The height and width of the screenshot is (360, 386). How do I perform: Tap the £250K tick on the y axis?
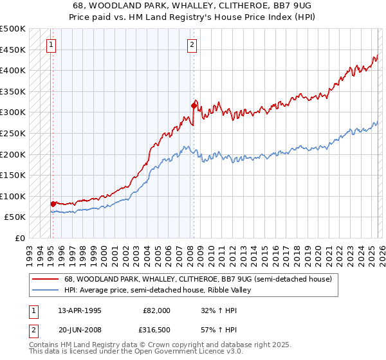click(13, 133)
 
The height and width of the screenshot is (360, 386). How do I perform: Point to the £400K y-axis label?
click(13, 70)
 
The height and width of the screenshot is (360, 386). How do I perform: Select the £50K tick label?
click(15, 217)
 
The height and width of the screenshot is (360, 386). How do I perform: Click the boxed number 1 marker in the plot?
click(51, 44)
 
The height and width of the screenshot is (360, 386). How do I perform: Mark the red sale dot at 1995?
click(53, 204)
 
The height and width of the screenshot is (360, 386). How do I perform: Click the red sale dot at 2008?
click(194, 105)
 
